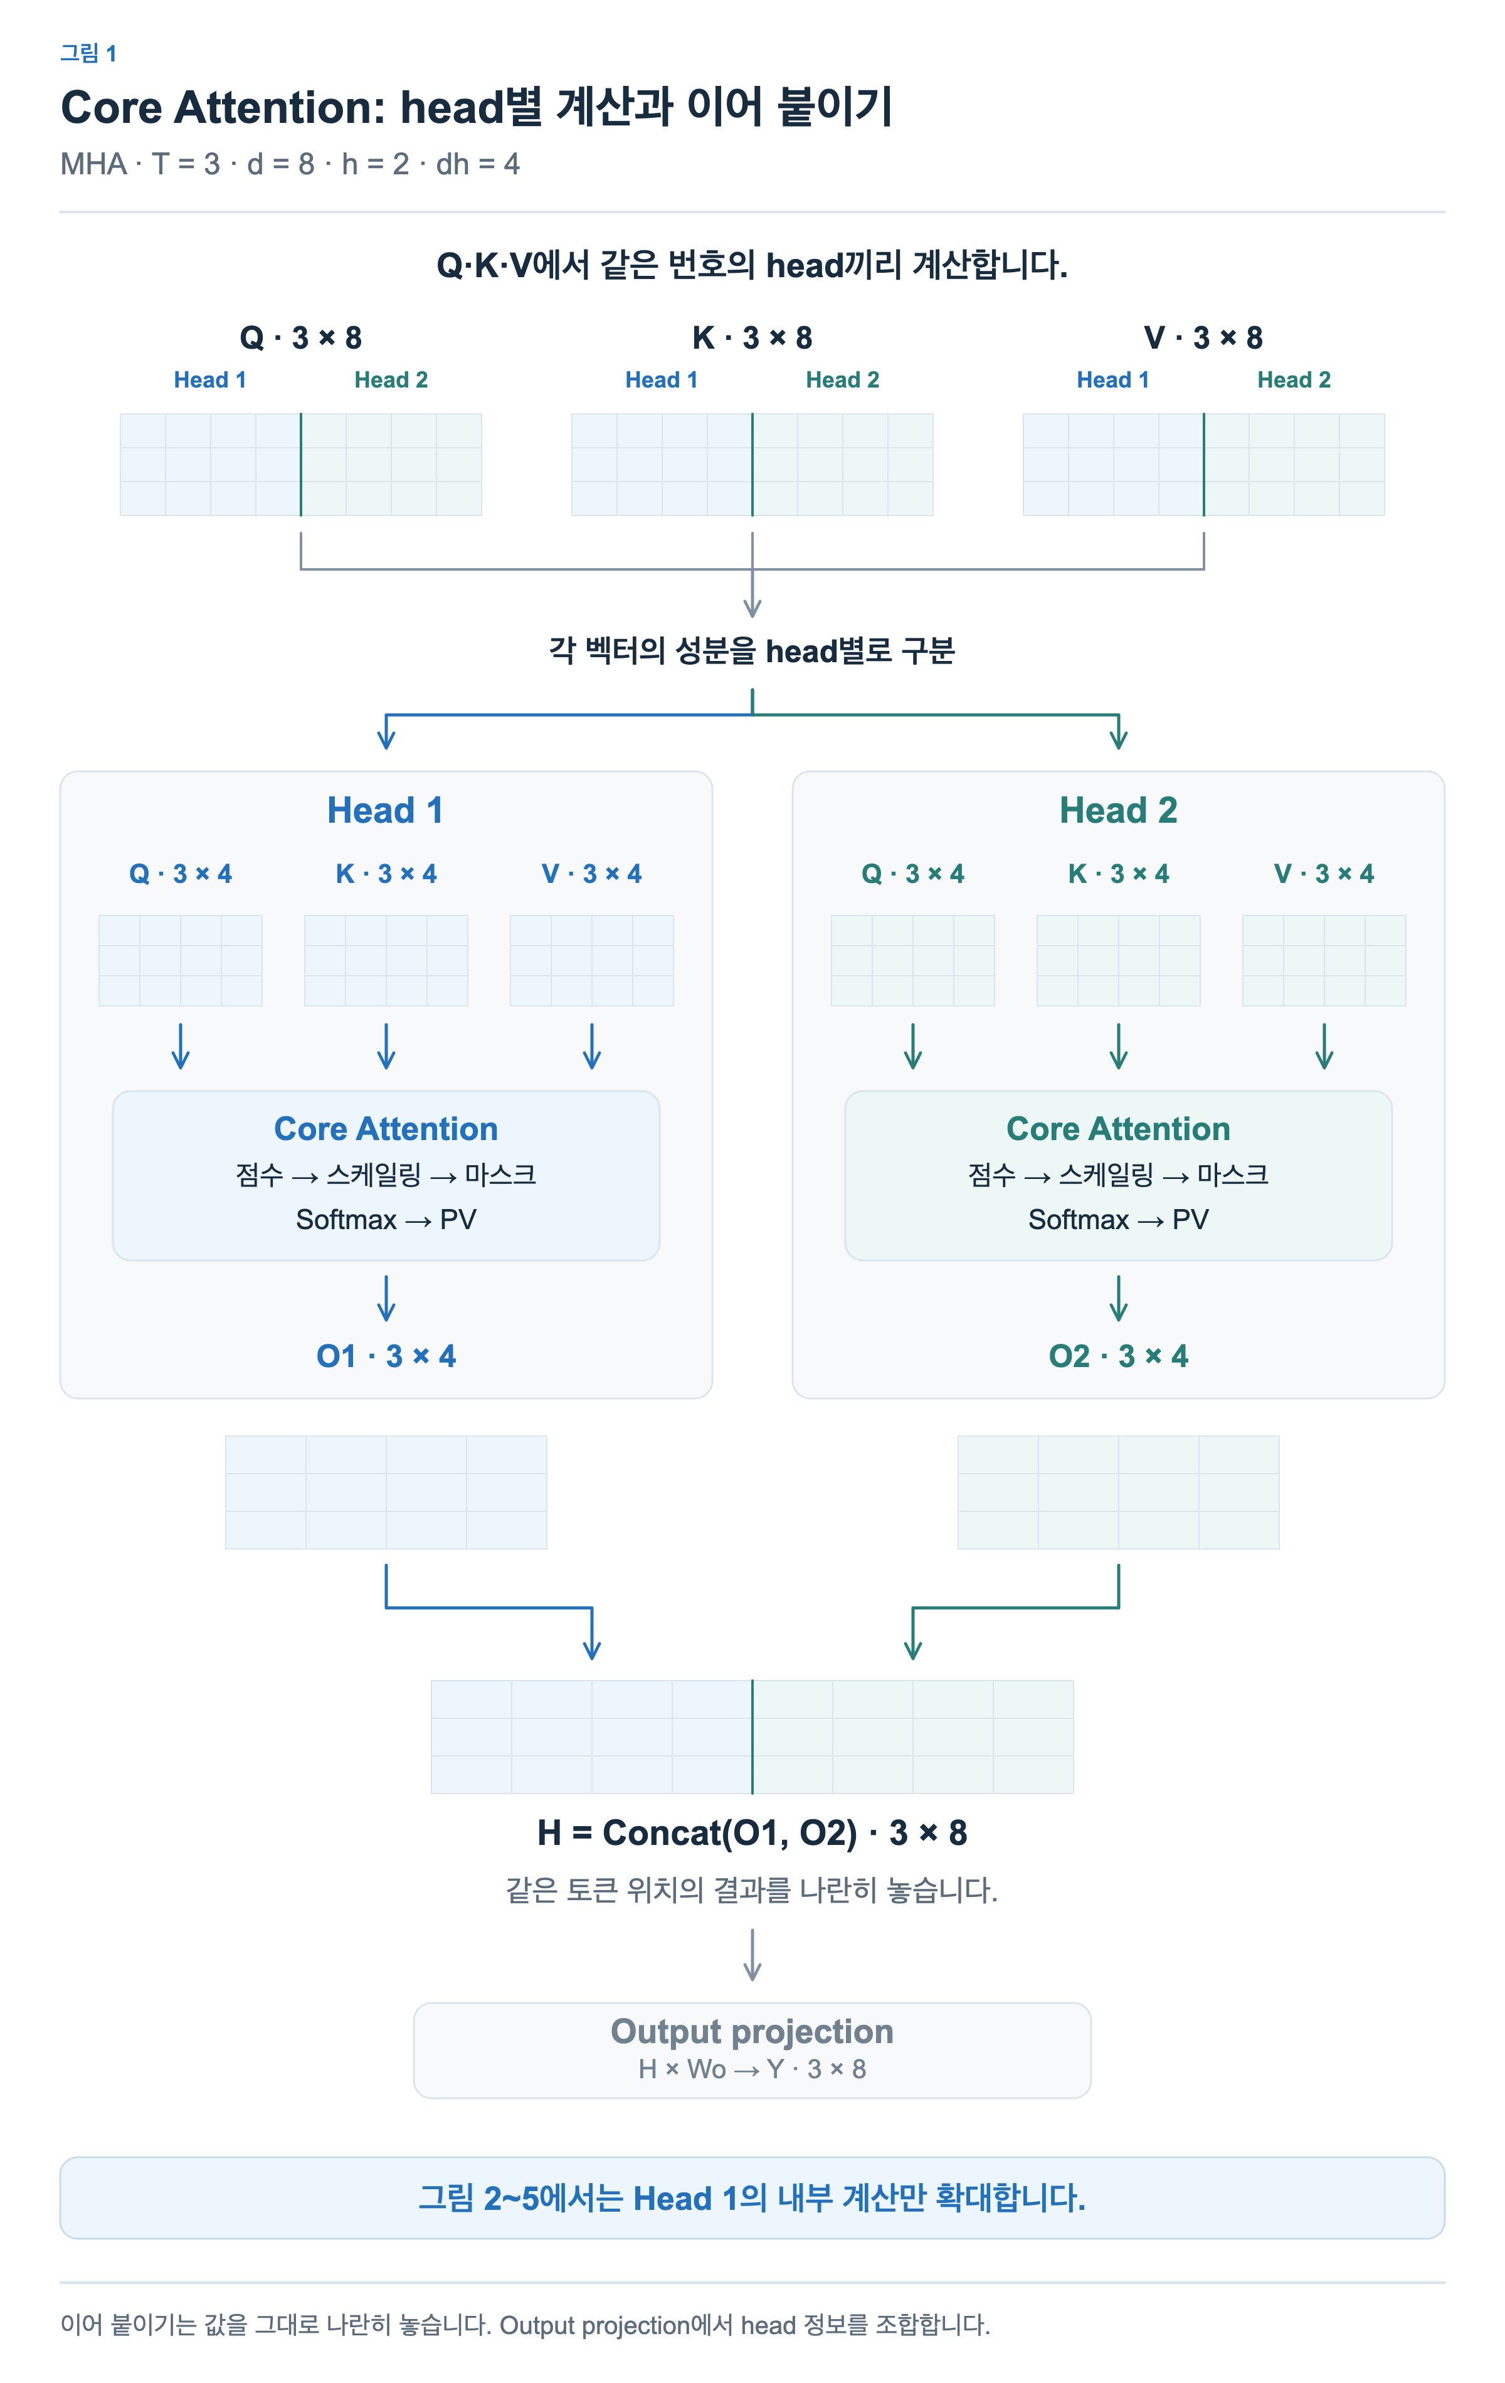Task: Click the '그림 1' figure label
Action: click(x=88, y=53)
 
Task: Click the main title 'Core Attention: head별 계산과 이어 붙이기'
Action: click(x=477, y=107)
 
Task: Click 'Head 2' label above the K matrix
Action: click(x=842, y=380)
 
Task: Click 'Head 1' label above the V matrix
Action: click(x=1113, y=380)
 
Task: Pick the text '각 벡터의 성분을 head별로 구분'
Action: click(x=752, y=651)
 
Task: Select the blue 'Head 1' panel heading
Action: click(x=386, y=810)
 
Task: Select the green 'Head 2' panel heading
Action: click(x=1118, y=810)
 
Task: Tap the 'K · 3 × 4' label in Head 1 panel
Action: click(x=386, y=874)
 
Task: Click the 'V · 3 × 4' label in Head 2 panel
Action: click(x=1324, y=874)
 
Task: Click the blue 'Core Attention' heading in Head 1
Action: click(x=386, y=1129)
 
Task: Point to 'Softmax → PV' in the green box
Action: click(x=1118, y=1219)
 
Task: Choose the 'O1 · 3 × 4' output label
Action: click(x=386, y=1356)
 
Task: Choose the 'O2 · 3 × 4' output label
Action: click(x=1118, y=1356)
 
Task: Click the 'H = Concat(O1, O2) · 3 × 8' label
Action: click(x=752, y=1833)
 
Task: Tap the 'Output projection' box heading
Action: click(x=752, y=2032)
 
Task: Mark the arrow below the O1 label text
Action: click(x=488, y=1607)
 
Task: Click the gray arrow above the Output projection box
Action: click(x=752, y=1955)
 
